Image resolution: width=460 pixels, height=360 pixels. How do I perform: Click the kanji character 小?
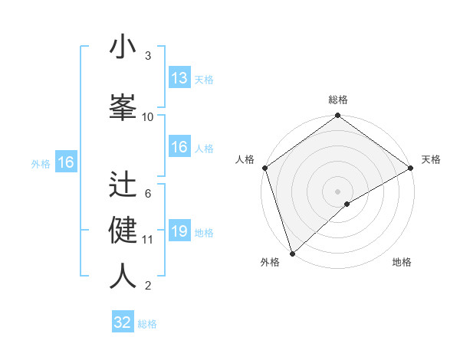123,47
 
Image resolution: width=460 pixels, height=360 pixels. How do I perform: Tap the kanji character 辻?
123,184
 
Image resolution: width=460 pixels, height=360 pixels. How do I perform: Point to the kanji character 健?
123,230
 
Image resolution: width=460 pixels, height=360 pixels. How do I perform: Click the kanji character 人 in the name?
123,276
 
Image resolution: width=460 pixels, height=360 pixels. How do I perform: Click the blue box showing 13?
179,78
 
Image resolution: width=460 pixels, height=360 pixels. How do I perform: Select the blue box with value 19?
179,231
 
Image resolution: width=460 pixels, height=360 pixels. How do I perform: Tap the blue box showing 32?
123,322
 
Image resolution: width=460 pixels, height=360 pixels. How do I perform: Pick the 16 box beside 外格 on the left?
65,162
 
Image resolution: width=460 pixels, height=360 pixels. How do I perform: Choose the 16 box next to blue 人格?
179,147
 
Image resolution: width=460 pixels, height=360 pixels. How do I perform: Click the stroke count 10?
148,116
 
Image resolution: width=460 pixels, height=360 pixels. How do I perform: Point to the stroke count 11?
148,239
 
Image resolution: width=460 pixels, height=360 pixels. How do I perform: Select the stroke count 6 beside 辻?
148,193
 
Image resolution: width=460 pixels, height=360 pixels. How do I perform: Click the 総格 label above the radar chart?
337,100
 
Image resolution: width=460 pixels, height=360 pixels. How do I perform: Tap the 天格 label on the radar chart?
431,159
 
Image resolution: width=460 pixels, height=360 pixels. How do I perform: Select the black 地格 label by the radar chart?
402,262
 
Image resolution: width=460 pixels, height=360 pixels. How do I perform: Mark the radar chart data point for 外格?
292,252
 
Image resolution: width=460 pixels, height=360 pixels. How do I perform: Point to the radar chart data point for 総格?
337,116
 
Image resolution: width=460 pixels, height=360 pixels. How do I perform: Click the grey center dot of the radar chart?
337,191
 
